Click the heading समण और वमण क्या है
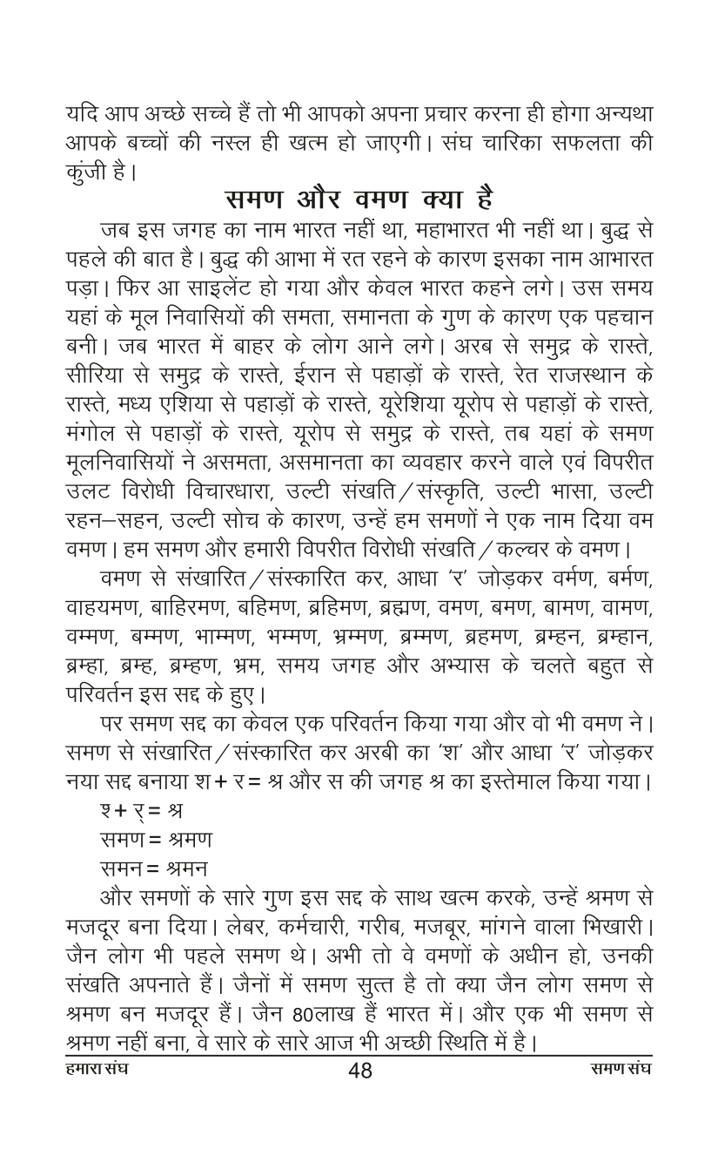[359, 199]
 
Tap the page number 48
[359, 1071]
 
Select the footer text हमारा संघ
[96, 1068]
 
